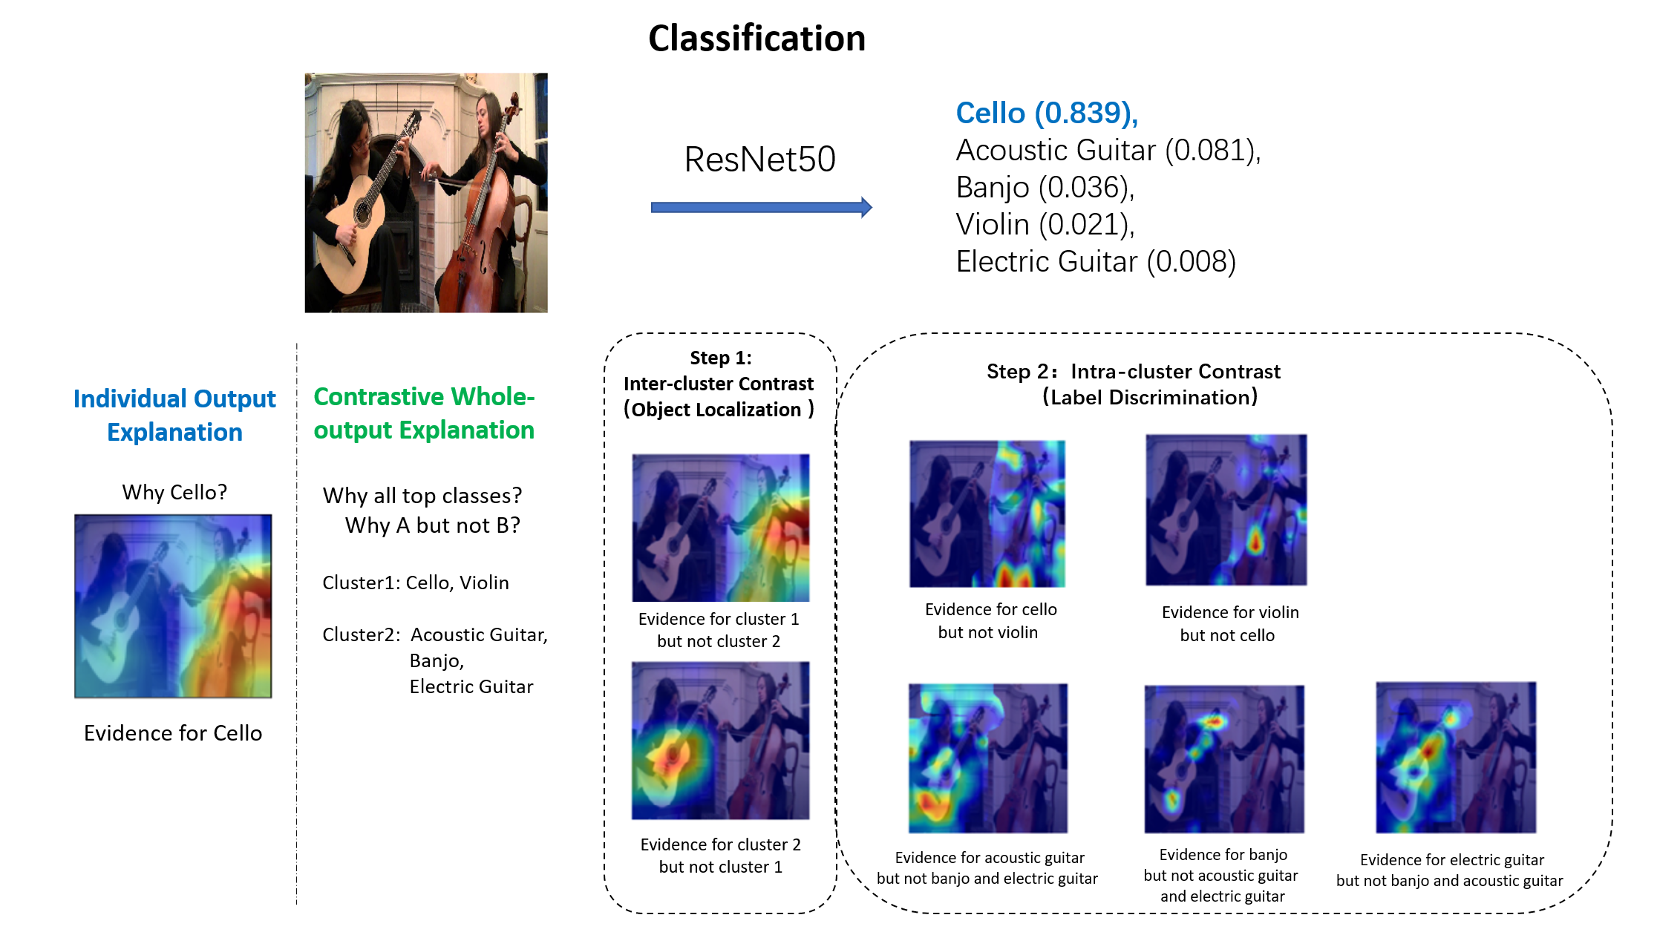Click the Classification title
click(x=756, y=39)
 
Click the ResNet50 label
click(x=759, y=160)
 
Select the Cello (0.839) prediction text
click(x=1046, y=113)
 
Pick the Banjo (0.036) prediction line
click(x=1045, y=188)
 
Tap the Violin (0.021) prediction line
click(x=1045, y=225)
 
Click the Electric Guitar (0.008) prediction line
click(x=1095, y=262)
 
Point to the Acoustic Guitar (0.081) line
click(x=1108, y=151)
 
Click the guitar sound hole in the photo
click(x=363, y=211)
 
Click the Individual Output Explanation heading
click(x=174, y=415)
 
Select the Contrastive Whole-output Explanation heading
click(x=424, y=413)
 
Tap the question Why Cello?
click(x=174, y=492)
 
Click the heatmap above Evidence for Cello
click(x=173, y=606)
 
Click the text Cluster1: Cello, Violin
click(x=416, y=583)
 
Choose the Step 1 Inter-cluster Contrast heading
click(x=719, y=384)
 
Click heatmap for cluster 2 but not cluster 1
click(x=720, y=740)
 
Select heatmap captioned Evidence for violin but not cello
click(x=1226, y=510)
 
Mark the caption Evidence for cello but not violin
click(x=990, y=620)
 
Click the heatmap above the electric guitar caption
click(x=1455, y=757)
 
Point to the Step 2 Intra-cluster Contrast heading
click(x=1133, y=384)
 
